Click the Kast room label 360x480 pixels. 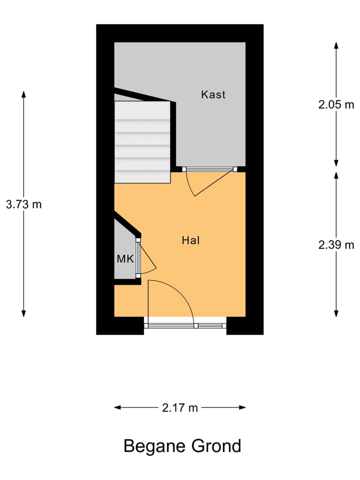pos(213,94)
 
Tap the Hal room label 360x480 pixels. pos(190,240)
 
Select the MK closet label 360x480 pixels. pos(125,259)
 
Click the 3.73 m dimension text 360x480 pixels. pos(23,204)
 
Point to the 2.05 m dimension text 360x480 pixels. pos(336,104)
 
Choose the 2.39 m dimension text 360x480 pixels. pos(336,244)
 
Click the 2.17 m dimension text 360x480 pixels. pos(180,407)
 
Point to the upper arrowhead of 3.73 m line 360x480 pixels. pos(23,94)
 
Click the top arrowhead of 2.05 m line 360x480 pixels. pos(336,45)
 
